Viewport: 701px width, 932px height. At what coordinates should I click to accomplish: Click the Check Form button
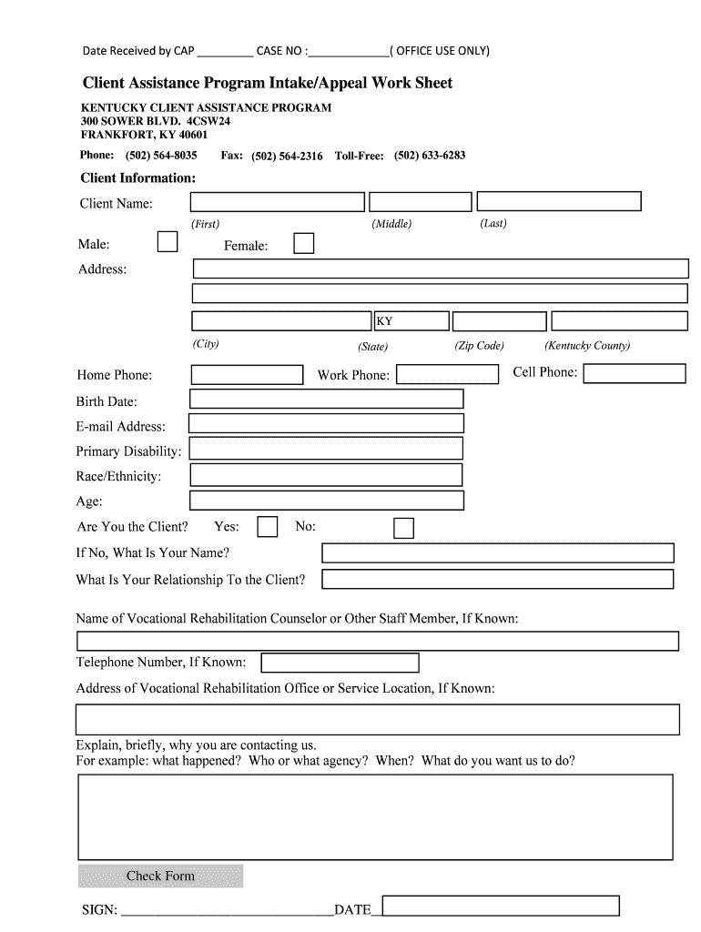click(x=160, y=876)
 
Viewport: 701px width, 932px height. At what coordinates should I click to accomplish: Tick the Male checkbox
click(x=168, y=242)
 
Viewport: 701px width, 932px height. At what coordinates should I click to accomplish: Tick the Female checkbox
click(x=303, y=243)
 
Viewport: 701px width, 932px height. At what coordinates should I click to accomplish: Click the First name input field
click(x=278, y=202)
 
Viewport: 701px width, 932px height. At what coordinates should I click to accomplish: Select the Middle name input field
click(x=420, y=202)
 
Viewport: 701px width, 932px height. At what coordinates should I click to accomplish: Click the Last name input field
click(x=559, y=201)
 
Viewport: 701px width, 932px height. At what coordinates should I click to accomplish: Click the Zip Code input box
click(x=500, y=321)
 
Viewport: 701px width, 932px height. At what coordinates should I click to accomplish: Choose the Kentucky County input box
click(x=619, y=321)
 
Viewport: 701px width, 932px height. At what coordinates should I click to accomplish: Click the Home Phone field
click(x=247, y=374)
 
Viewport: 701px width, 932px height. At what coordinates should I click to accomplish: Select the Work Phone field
click(x=447, y=374)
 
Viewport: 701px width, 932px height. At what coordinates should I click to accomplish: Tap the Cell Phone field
click(x=634, y=373)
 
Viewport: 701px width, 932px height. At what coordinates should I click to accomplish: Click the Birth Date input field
click(x=326, y=400)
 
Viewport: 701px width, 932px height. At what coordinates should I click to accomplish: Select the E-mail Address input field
click(x=326, y=423)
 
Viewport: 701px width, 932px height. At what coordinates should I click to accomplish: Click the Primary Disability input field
click(x=326, y=449)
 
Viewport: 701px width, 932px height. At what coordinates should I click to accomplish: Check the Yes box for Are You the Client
click(x=268, y=527)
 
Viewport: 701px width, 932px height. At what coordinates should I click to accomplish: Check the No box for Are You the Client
click(x=403, y=528)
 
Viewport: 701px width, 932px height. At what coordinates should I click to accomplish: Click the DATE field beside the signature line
click(x=501, y=906)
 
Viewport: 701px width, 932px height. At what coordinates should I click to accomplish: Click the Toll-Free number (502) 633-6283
click(x=430, y=156)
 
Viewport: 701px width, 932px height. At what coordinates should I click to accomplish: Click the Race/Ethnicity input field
click(x=326, y=475)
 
